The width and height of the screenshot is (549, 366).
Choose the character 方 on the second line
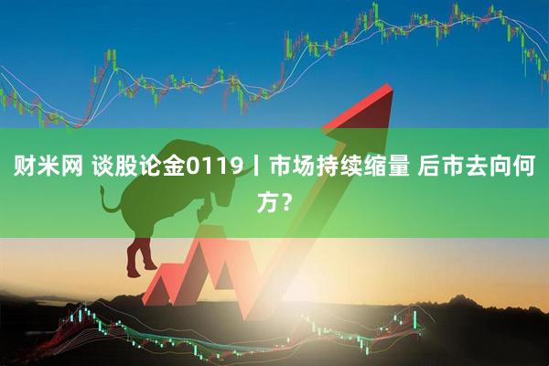[x=264, y=204]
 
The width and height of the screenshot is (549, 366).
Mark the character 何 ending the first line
[x=525, y=167]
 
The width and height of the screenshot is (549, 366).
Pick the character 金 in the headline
[x=174, y=167]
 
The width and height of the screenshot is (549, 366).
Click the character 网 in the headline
[x=70, y=167]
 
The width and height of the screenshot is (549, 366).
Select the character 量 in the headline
[x=394, y=167]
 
